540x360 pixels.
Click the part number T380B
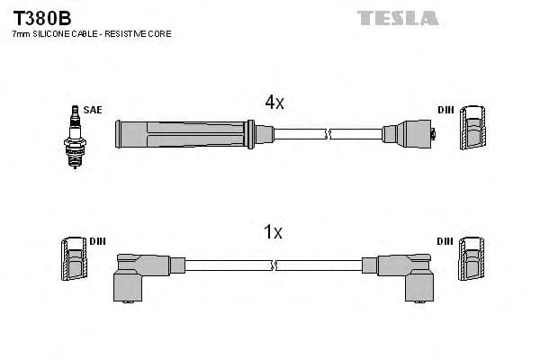click(x=41, y=17)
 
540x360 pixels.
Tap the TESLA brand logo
click(x=398, y=18)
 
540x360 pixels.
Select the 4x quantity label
click(x=274, y=103)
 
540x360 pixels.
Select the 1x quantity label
click(x=273, y=233)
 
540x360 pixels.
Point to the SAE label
click(x=93, y=110)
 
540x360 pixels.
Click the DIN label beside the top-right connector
click(x=445, y=110)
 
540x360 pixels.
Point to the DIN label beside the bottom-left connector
click(x=98, y=241)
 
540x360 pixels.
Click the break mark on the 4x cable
click(x=328, y=135)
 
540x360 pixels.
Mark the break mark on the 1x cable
click(x=273, y=265)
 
